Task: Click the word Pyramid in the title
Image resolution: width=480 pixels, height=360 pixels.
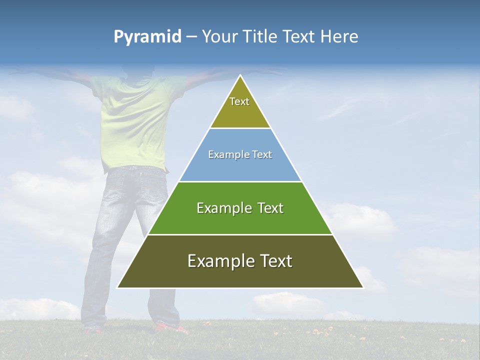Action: (147, 37)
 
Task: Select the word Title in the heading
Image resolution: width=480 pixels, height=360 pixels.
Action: (260, 37)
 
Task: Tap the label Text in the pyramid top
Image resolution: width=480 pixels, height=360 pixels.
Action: (239, 101)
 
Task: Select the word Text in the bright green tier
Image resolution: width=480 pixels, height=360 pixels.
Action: (270, 208)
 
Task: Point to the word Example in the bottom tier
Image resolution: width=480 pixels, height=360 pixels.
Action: (216, 261)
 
